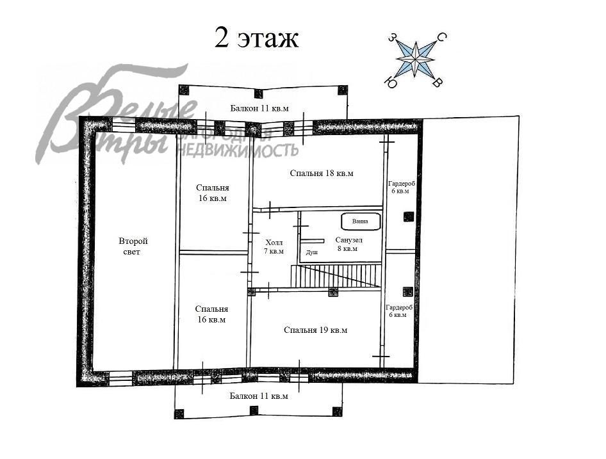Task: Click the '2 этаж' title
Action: click(x=257, y=38)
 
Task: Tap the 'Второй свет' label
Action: click(x=133, y=246)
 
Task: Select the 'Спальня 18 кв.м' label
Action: click(x=322, y=173)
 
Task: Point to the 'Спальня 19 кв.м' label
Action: click(x=315, y=330)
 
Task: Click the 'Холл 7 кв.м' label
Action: click(x=274, y=247)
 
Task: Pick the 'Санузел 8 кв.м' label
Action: click(x=348, y=245)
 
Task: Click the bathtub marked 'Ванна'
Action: click(x=361, y=221)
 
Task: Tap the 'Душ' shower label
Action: click(x=312, y=252)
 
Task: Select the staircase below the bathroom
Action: click(x=336, y=276)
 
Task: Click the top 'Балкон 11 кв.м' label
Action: click(x=259, y=108)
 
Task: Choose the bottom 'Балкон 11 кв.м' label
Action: click(x=259, y=396)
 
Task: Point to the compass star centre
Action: click(x=416, y=59)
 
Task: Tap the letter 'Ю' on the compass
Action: click(x=391, y=83)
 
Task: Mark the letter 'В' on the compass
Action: click(x=438, y=82)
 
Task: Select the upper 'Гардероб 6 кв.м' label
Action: click(x=402, y=188)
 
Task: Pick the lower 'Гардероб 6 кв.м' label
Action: click(x=399, y=311)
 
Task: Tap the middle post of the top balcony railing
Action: click(x=258, y=93)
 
